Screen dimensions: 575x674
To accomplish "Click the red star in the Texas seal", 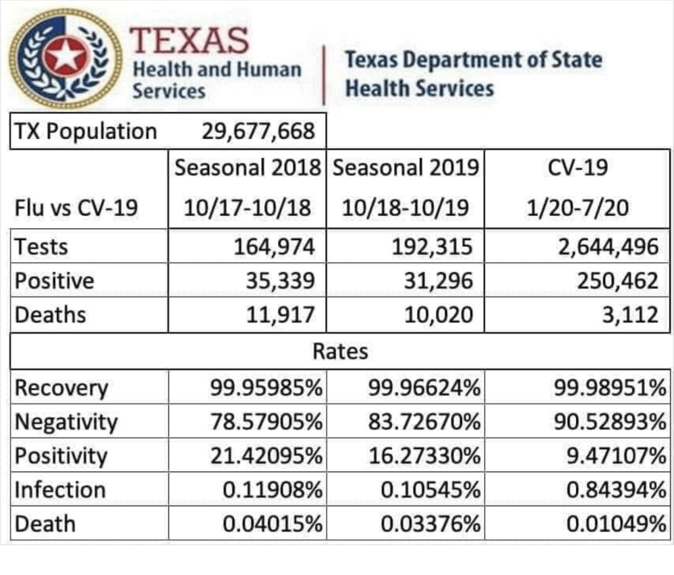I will [x=65, y=57].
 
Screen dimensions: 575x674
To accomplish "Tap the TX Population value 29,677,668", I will [x=258, y=130].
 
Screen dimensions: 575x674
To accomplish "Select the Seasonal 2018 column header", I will [x=247, y=167].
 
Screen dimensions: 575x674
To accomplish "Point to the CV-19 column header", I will [x=577, y=167].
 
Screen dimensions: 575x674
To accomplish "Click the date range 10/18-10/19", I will [x=406, y=207].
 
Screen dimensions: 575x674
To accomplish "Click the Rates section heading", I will [x=340, y=351].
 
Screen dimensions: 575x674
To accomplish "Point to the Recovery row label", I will [x=61, y=389].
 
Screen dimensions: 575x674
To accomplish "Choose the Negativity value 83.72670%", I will [x=424, y=422].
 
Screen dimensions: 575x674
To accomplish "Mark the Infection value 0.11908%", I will [x=272, y=490].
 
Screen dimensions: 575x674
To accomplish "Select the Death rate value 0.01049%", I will [x=612, y=524].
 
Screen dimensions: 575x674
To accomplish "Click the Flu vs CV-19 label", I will [x=76, y=207].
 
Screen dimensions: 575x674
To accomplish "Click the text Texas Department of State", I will [x=474, y=59].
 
